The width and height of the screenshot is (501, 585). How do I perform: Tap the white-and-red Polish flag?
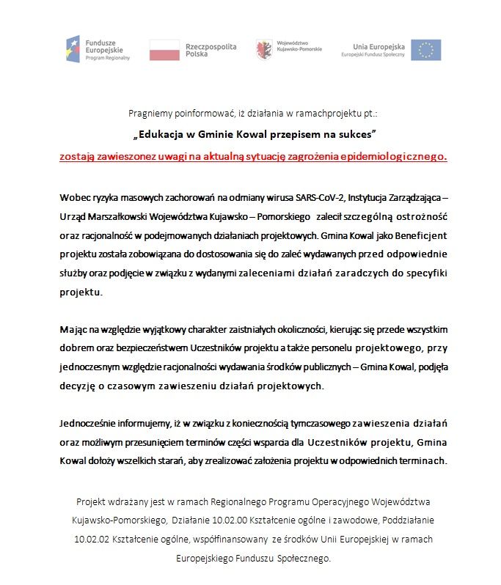pos(164,50)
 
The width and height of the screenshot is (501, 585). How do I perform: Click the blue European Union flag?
pos(425,50)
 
